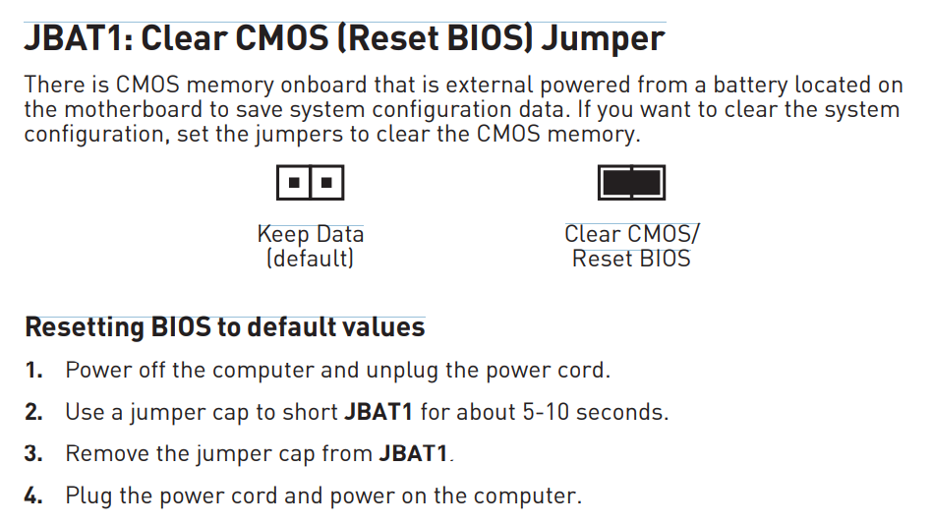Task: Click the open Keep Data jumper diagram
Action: pyautogui.click(x=311, y=183)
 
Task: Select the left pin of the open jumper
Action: pyautogui.click(x=294, y=183)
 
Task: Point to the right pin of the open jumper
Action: pyautogui.click(x=326, y=183)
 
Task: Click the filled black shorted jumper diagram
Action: pyautogui.click(x=631, y=183)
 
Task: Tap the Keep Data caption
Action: pyautogui.click(x=311, y=234)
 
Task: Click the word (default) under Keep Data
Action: pyautogui.click(x=310, y=259)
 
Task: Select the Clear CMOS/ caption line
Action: pyautogui.click(x=632, y=234)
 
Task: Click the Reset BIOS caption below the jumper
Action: pyautogui.click(x=631, y=259)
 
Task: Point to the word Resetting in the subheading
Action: pyautogui.click(x=85, y=328)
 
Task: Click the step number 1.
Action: pyautogui.click(x=33, y=371)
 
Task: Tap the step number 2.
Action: pyautogui.click(x=33, y=412)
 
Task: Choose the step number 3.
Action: pyautogui.click(x=33, y=453)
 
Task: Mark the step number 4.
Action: pyautogui.click(x=33, y=496)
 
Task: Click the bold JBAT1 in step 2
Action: pyautogui.click(x=379, y=412)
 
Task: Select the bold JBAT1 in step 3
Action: pyautogui.click(x=413, y=453)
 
